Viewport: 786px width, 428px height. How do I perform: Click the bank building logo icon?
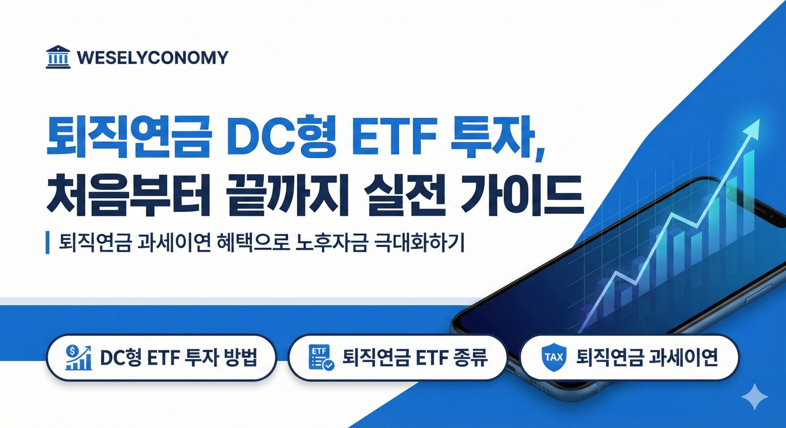(58, 57)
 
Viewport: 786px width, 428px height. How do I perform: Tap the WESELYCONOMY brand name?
(153, 58)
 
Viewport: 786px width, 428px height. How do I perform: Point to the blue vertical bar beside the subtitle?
(48, 243)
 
